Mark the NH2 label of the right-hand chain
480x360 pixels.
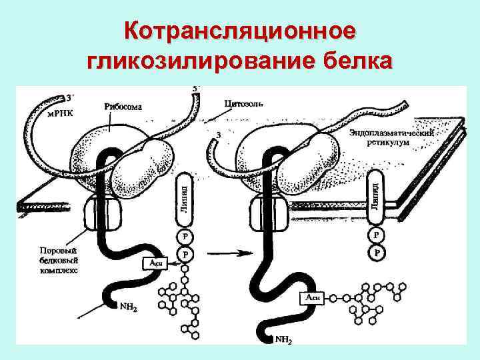tap(283, 339)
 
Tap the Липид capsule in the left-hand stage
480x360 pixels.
tap(184, 198)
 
